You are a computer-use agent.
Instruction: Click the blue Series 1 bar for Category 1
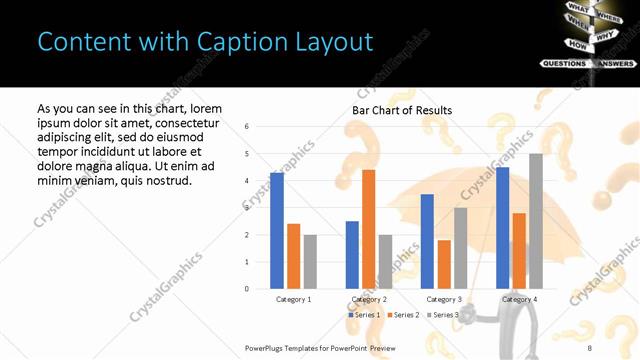click(276, 231)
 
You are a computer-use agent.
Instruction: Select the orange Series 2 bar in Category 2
click(369, 229)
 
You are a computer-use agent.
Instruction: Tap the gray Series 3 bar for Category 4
click(536, 221)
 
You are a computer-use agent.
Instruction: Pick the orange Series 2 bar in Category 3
click(444, 264)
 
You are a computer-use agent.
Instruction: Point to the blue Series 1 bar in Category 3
click(427, 241)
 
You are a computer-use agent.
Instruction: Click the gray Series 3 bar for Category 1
click(310, 262)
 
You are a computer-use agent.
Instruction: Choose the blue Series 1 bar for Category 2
click(352, 255)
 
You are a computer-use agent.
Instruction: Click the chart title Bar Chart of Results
click(402, 110)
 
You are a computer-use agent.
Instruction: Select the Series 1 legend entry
click(364, 315)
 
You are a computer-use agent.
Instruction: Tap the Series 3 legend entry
click(443, 315)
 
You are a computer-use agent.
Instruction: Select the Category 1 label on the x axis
click(293, 299)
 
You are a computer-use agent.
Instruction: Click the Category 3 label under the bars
click(444, 299)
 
